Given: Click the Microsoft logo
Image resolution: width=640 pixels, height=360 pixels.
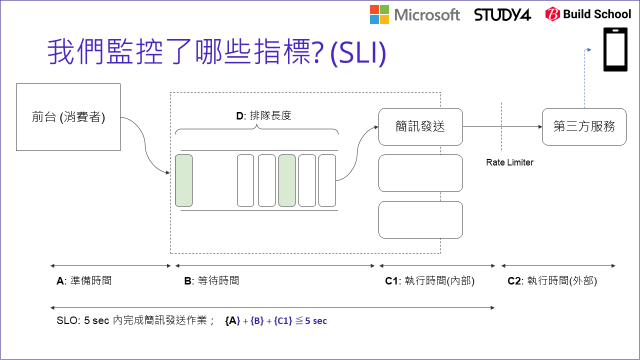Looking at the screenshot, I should point(414,14).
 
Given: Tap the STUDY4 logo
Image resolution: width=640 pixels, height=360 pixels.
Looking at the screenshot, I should point(502,14).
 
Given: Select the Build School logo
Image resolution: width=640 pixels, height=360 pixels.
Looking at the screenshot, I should point(588,14).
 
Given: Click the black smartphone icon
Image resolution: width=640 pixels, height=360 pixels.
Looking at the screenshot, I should point(615,49).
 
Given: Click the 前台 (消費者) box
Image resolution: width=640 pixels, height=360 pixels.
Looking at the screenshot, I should point(68,117).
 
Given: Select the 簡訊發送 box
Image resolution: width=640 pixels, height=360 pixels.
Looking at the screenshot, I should point(420,126).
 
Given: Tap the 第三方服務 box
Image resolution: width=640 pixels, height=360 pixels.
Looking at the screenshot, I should point(584,126).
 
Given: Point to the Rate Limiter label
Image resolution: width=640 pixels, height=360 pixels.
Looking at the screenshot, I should point(509,162).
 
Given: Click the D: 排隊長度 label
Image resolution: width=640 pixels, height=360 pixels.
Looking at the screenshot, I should point(263,116).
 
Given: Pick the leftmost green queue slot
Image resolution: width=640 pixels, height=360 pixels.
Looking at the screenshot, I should point(183,180).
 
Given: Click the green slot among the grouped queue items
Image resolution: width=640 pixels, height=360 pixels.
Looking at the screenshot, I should point(287,180).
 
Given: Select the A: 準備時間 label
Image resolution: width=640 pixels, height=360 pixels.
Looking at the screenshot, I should point(84,281).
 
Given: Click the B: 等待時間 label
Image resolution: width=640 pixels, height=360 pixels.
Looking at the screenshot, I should point(211,281).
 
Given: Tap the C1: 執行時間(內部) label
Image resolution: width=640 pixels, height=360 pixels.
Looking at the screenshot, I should point(429,281).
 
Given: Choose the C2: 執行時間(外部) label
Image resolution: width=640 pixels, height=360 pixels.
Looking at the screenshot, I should point(552,281).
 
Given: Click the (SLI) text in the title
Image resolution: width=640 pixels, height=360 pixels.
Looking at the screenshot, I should point(358,53).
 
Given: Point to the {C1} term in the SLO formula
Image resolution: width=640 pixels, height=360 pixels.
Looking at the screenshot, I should point(282,321).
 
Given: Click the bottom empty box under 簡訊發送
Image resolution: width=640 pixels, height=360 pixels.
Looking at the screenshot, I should point(420,219).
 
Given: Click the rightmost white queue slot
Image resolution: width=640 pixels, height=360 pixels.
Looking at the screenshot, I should point(327,180).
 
